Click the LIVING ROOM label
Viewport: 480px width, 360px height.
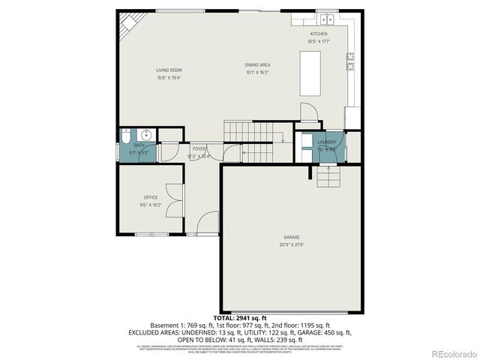point(169,70)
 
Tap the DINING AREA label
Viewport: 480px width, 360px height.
point(257,65)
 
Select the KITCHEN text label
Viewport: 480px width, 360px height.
point(319,34)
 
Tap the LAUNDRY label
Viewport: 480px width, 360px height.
point(326,142)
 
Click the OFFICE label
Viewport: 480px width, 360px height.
point(151,197)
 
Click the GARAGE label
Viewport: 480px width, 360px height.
point(291,237)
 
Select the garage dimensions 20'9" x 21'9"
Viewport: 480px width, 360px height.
point(291,244)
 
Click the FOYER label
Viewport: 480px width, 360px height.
point(199,149)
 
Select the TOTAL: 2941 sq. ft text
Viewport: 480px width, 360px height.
point(239,318)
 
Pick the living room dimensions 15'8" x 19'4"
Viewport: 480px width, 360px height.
point(169,77)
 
